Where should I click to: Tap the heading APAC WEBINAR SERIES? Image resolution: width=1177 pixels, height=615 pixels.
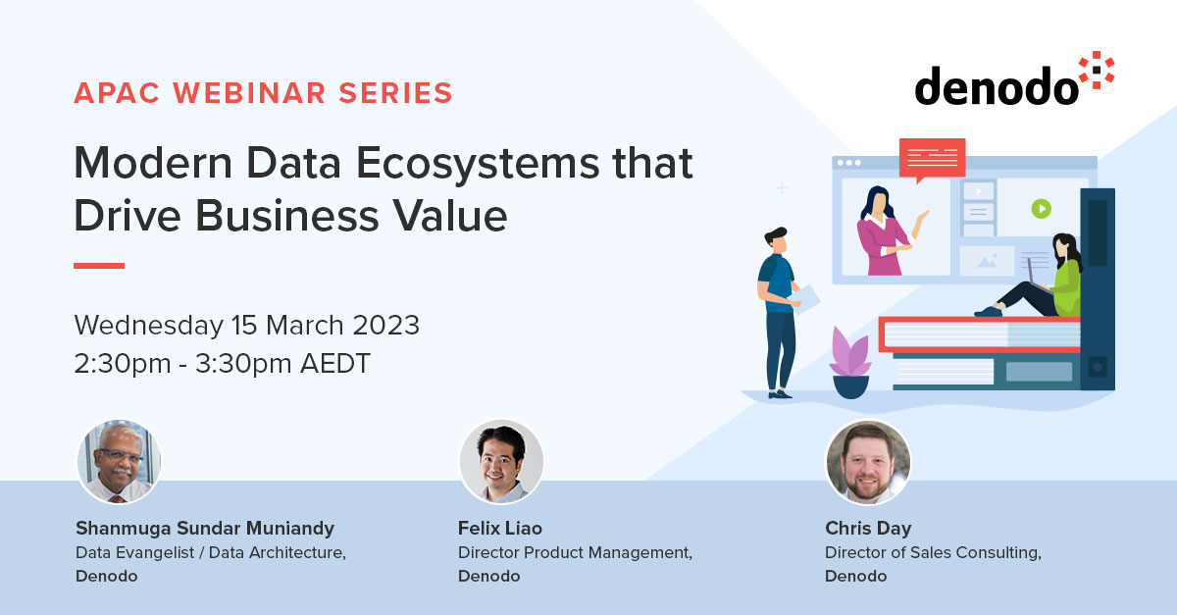pyautogui.click(x=263, y=93)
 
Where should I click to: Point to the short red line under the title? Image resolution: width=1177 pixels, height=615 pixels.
pyautogui.click(x=99, y=265)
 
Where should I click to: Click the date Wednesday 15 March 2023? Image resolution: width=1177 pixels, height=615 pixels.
pyautogui.click(x=246, y=325)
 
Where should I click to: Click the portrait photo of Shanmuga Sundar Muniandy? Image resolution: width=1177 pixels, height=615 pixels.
pyautogui.click(x=119, y=462)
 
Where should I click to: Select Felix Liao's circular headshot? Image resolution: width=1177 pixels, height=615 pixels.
pyautogui.click(x=501, y=462)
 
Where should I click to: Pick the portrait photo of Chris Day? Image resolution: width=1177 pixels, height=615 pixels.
pyautogui.click(x=868, y=462)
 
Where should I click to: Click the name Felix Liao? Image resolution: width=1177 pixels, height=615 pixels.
pyautogui.click(x=499, y=529)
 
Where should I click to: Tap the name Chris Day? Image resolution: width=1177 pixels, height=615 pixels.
pyautogui.click(x=868, y=529)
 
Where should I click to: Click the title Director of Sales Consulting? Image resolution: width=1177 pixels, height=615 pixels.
pyautogui.click(x=933, y=552)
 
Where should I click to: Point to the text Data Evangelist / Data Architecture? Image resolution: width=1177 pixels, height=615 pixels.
pyautogui.click(x=211, y=552)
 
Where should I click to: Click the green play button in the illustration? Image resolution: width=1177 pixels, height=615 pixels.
pyautogui.click(x=1041, y=208)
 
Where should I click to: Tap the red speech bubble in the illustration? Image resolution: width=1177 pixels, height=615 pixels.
pyautogui.click(x=932, y=157)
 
